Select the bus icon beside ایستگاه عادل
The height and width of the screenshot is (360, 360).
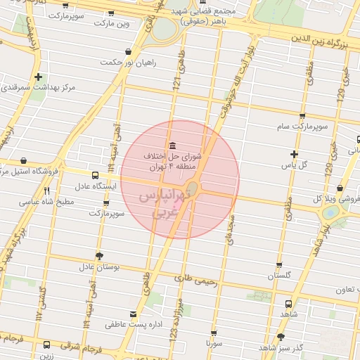click(95, 175)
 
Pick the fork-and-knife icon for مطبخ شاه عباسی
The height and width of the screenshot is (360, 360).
click(47, 191)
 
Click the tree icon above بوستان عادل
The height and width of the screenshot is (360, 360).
click(98, 256)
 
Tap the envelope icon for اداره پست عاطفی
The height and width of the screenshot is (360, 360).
click(134, 314)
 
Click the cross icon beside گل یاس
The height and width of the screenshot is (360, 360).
click(294, 155)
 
